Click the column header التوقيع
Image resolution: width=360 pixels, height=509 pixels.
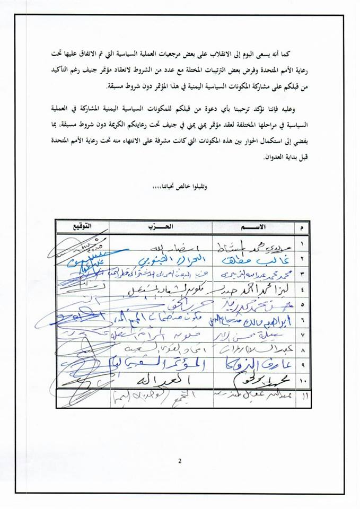coord(77,226)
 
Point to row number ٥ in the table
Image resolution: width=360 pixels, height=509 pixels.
coord(301,305)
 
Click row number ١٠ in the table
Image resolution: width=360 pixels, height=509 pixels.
coord(301,381)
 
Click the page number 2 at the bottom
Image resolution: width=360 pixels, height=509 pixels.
coord(180,460)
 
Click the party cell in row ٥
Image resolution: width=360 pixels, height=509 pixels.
coord(159,305)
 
